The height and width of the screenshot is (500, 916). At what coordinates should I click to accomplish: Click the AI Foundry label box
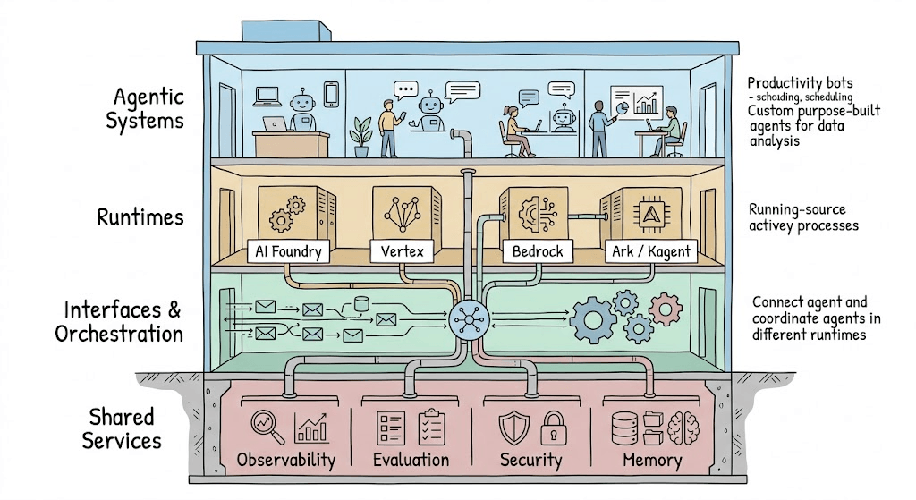pos(288,251)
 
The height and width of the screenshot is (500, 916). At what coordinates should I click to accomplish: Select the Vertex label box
pos(402,251)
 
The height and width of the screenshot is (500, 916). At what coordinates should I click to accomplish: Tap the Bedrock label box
pos(538,251)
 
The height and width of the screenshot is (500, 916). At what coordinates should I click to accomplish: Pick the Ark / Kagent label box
pos(651,251)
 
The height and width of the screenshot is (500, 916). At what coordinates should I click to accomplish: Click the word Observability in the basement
pos(286,461)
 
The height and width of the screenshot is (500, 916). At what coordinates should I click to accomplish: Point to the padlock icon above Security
pos(553,428)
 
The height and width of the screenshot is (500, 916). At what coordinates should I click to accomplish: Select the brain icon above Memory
pos(683,428)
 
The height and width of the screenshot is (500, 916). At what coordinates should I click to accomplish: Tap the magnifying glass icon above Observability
pos(267,427)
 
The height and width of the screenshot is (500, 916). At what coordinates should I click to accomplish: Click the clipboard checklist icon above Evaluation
pos(432,427)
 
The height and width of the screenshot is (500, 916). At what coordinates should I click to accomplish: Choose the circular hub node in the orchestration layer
pos(469,319)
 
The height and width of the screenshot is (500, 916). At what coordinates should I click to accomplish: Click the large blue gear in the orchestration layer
pos(592,319)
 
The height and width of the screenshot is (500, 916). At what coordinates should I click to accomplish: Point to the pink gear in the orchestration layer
pos(666,309)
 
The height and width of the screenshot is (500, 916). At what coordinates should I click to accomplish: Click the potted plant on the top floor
pos(360,137)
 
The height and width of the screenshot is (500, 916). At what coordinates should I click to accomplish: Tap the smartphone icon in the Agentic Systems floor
pos(331,95)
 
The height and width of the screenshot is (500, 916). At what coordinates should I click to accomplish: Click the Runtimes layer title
pos(140,217)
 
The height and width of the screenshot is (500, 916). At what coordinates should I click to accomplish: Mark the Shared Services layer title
pos(122,428)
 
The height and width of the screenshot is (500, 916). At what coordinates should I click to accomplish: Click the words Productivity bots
pos(800,83)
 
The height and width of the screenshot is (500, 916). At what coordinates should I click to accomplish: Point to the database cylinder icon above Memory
pos(624,428)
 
